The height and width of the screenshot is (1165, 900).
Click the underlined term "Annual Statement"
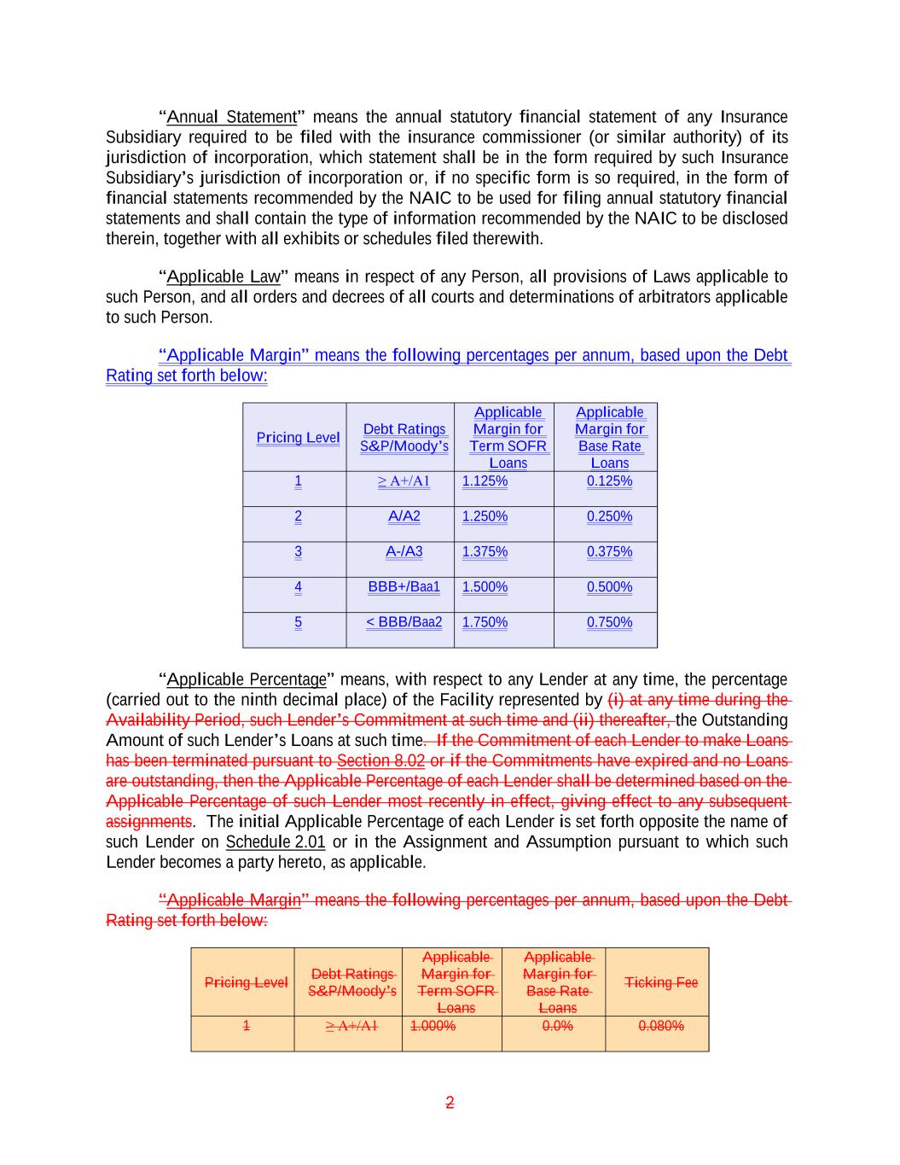[x=231, y=117]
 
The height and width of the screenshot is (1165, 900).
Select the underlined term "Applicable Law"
[x=224, y=277]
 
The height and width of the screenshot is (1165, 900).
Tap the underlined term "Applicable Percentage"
[x=247, y=679]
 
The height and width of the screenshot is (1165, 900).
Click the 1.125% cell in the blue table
[x=485, y=481]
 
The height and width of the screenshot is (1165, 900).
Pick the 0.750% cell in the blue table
[x=609, y=622]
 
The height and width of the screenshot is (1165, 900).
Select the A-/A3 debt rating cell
[x=404, y=551]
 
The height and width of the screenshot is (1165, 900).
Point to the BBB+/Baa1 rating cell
[x=404, y=587]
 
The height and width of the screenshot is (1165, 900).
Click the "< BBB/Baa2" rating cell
[x=404, y=622]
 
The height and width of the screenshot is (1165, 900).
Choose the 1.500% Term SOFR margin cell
[x=485, y=587]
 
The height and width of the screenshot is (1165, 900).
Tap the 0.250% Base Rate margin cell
[x=609, y=516]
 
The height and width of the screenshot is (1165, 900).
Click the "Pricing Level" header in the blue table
[x=298, y=438]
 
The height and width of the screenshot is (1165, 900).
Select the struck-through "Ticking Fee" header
[x=661, y=982]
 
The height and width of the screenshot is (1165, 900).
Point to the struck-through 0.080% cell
[x=661, y=1026]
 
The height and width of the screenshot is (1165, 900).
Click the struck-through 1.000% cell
[x=433, y=1026]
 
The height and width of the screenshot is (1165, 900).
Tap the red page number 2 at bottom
[x=450, y=1103]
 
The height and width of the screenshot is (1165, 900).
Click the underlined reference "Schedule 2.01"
[x=276, y=842]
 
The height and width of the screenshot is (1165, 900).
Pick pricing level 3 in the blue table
[x=298, y=551]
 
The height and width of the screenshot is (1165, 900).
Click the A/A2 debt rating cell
[x=404, y=516]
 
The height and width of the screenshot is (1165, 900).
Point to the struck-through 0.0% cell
[x=557, y=1026]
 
